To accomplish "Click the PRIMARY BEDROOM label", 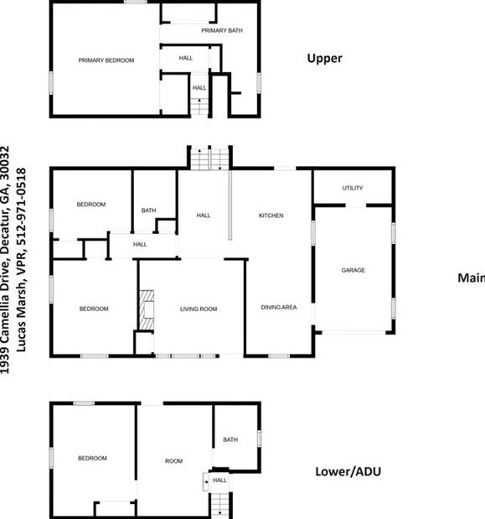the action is [106, 60].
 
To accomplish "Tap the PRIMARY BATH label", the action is [222, 30].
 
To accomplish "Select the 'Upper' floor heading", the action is [325, 59].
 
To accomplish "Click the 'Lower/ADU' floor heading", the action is [348, 471].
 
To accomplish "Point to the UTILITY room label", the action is [353, 188].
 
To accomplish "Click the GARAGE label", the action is [353, 270].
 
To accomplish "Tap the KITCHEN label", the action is [271, 215].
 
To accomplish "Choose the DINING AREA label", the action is [279, 307].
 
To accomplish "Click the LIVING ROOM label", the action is [199, 309].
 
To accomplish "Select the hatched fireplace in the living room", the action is [147, 310].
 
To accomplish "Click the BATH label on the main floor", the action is [148, 210].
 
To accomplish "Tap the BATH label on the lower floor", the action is [230, 439].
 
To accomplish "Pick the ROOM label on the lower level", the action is [173, 461].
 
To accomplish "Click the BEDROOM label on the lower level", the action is [92, 458].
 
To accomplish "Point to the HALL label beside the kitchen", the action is [204, 215].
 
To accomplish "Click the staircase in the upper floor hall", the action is [199, 106].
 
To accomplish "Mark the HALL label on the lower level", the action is [219, 480].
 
